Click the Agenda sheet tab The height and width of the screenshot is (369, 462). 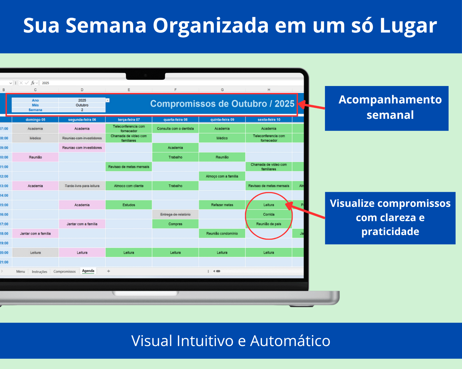tap(88, 271)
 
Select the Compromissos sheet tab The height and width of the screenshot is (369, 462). tap(65, 272)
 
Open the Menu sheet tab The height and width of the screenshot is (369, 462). tap(21, 272)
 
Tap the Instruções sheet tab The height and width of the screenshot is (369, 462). tap(40, 272)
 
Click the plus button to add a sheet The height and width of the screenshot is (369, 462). tap(109, 271)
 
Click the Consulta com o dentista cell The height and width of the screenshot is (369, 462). tap(175, 129)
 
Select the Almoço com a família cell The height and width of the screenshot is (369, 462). tap(222, 176)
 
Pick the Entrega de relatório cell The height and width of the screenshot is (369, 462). tap(175, 214)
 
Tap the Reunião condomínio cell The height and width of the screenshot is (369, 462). tap(222, 234)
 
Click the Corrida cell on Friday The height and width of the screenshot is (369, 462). tap(269, 214)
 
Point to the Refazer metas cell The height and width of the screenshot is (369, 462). tap(222, 205)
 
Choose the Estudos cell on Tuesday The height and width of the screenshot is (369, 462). tap(129, 205)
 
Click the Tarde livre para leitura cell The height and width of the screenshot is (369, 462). tap(82, 186)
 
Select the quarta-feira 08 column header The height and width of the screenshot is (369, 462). tap(175, 120)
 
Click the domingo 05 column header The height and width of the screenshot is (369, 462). tap(35, 120)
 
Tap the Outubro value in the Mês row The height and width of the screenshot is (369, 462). tap(82, 105)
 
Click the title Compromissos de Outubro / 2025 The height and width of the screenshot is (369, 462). tap(222, 104)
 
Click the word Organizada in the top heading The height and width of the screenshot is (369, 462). tap(211, 26)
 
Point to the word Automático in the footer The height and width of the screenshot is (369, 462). tap(290, 341)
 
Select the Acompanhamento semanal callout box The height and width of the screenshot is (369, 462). tap(387, 108)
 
